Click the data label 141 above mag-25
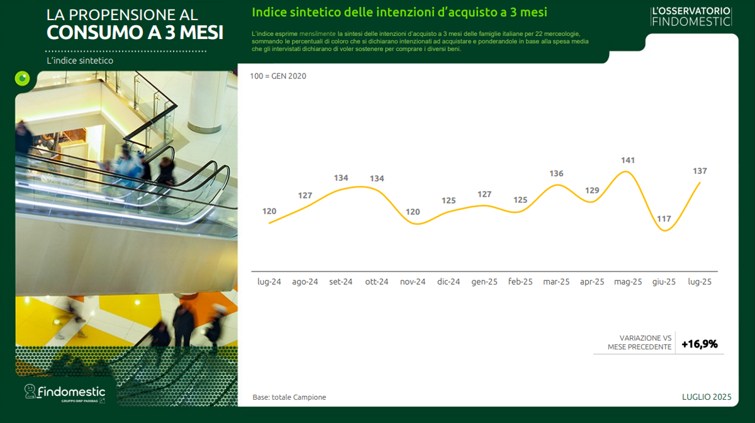[x=628, y=160]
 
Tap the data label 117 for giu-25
[x=664, y=219]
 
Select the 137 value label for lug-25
[x=700, y=171]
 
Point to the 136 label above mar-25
[x=556, y=173]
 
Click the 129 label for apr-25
[x=592, y=190]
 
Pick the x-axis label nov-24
[x=413, y=282]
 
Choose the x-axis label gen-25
[x=484, y=282]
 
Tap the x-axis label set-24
[x=341, y=282]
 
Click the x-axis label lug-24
[x=269, y=282]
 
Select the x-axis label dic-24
[x=448, y=282]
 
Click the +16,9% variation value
[x=700, y=344]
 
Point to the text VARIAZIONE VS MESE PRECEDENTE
[x=640, y=343]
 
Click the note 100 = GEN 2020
[x=278, y=76]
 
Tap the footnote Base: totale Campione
[x=289, y=397]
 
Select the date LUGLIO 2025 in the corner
[x=707, y=397]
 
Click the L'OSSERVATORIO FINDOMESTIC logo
[x=691, y=16]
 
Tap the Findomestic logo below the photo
[x=65, y=393]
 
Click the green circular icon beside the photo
[x=22, y=79]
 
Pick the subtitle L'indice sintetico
[x=80, y=60]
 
